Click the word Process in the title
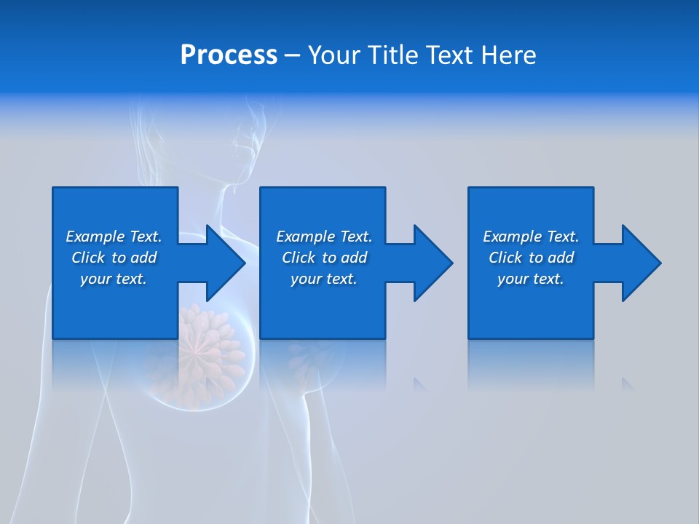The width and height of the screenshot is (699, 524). [229, 55]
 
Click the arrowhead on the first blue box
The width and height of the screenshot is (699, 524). [222, 263]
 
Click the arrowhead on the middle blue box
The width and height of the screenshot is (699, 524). [430, 263]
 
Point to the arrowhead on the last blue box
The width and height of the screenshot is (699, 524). [639, 263]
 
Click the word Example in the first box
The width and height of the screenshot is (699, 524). [95, 237]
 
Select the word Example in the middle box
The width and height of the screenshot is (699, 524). [306, 237]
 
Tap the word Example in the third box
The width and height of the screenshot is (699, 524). [513, 237]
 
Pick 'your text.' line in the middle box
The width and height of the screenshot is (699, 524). [323, 279]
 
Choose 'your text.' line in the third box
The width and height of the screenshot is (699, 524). [530, 279]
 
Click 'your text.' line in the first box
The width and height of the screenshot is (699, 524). [114, 279]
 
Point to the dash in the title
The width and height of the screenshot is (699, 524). [292, 56]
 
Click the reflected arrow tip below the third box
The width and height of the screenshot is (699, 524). [628, 384]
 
